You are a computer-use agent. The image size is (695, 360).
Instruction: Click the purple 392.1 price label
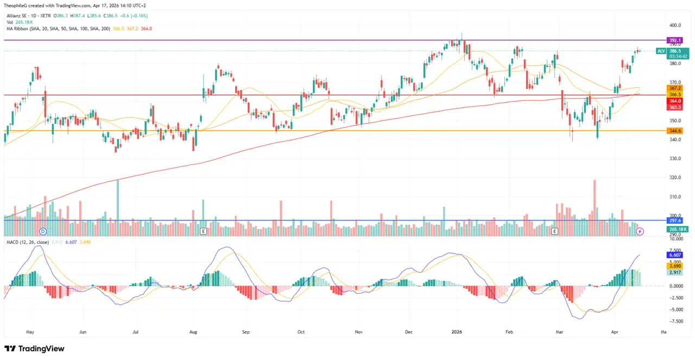(x=675, y=40)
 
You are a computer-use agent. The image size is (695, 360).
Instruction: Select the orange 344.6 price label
(x=675, y=131)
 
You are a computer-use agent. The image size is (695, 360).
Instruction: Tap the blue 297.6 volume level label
(x=675, y=220)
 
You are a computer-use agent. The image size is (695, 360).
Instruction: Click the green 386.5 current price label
(x=679, y=50)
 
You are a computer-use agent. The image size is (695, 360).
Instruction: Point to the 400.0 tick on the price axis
(x=675, y=26)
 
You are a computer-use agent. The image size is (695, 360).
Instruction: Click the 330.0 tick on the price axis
(x=675, y=159)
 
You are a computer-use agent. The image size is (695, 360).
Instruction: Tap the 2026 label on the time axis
(x=457, y=331)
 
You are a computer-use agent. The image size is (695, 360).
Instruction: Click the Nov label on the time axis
(x=358, y=331)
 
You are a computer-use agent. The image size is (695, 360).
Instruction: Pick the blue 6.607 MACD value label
(x=675, y=255)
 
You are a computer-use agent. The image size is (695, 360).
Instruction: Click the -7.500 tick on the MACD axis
(x=675, y=321)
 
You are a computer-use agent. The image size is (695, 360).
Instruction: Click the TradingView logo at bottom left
(x=34, y=349)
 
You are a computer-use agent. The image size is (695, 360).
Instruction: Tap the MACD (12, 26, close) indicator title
(x=27, y=242)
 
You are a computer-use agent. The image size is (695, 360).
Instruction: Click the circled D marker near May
(x=43, y=231)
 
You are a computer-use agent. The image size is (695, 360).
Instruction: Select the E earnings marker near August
(x=203, y=231)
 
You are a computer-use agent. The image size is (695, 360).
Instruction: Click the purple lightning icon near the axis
(x=640, y=231)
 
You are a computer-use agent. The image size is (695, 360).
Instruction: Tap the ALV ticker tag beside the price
(x=661, y=51)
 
